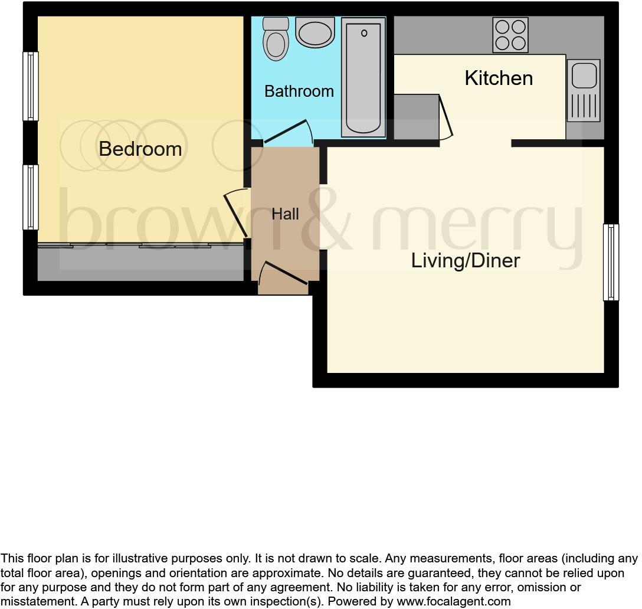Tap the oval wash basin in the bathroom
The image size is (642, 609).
pos(315,32)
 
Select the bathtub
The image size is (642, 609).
pos(363,77)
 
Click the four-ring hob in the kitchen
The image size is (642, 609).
pos(510,35)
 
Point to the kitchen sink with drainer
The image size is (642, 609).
pos(583,90)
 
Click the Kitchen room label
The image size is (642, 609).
pos(499,78)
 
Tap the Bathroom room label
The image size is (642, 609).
pos(299,91)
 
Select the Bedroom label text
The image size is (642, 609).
pos(140,149)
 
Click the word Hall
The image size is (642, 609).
pos(285,214)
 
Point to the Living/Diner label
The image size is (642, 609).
pos(466,260)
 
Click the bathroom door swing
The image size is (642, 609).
pos(288,132)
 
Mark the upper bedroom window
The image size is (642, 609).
pos(31,86)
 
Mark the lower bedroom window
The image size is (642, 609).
pos(31,197)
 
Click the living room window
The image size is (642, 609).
pos(611,262)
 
